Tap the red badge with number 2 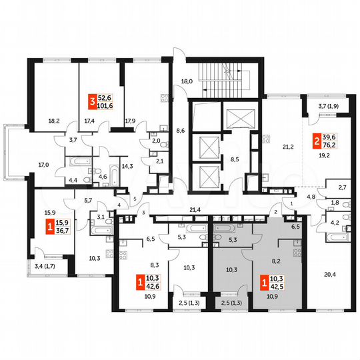317,141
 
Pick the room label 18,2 55,122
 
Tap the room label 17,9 129,121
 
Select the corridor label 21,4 195,210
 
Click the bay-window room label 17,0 44,163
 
